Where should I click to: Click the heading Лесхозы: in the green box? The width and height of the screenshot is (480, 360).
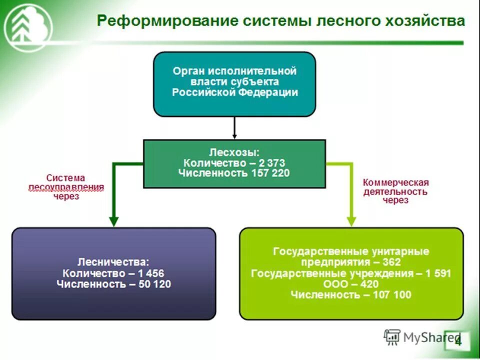234,151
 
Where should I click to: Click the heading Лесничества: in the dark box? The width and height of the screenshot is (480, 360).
113,261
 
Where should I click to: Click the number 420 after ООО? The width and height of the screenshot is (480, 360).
370,284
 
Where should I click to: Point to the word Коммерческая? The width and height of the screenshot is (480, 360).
396,182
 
